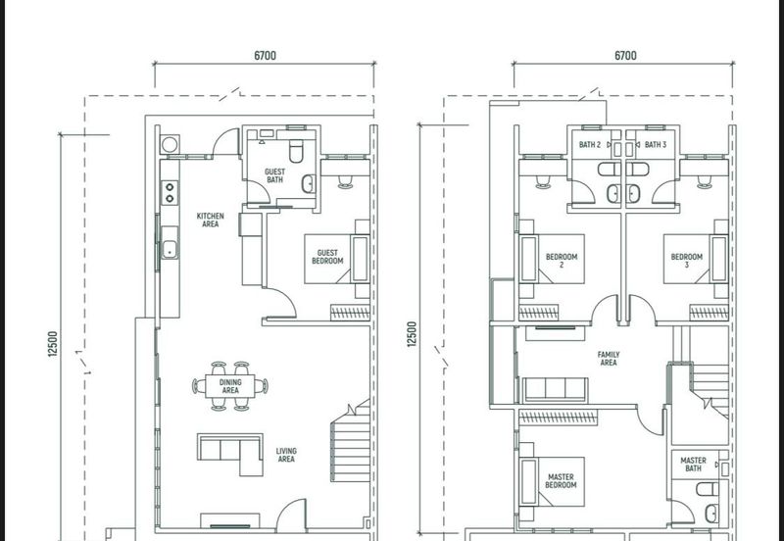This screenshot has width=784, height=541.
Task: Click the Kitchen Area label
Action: [x=210, y=220]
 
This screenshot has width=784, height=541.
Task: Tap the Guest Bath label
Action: [x=274, y=175]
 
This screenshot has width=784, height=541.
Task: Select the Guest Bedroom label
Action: [x=327, y=257]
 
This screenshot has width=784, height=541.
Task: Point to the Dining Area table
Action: [x=230, y=386]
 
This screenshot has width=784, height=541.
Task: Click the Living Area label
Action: [x=286, y=455]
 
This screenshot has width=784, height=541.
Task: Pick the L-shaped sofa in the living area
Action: [x=230, y=453]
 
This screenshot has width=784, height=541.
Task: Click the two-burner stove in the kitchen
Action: [x=170, y=193]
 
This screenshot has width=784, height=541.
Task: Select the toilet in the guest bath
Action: [x=296, y=151]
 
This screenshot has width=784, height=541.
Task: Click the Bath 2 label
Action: [x=590, y=144]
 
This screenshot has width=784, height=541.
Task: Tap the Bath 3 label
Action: [x=655, y=144]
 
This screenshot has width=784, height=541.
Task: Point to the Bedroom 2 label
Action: [x=561, y=261]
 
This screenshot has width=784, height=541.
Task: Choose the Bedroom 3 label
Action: [x=687, y=261]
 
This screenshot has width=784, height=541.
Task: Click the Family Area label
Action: [x=608, y=359]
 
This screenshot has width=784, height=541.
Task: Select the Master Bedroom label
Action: [x=561, y=481]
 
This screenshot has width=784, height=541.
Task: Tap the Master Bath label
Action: [x=693, y=464]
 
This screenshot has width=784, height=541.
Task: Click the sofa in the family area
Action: [x=555, y=390]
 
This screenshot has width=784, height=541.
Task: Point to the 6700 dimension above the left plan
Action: [x=265, y=56]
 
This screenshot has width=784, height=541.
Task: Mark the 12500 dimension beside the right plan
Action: [x=412, y=334]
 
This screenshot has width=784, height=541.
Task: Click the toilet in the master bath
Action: [x=708, y=489]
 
